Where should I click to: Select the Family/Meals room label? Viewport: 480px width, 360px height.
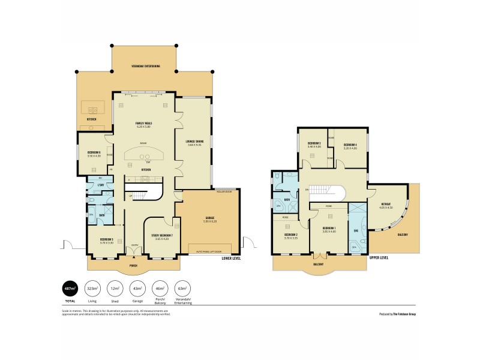point(144,124)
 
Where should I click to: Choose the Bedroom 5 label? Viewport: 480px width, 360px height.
point(98,241)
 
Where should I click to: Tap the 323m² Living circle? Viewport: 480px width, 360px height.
point(93,288)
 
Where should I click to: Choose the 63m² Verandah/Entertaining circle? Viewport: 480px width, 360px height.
point(182,288)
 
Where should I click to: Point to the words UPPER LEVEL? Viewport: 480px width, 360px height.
point(379,257)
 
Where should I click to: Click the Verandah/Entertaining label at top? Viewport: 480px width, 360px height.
point(146,66)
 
